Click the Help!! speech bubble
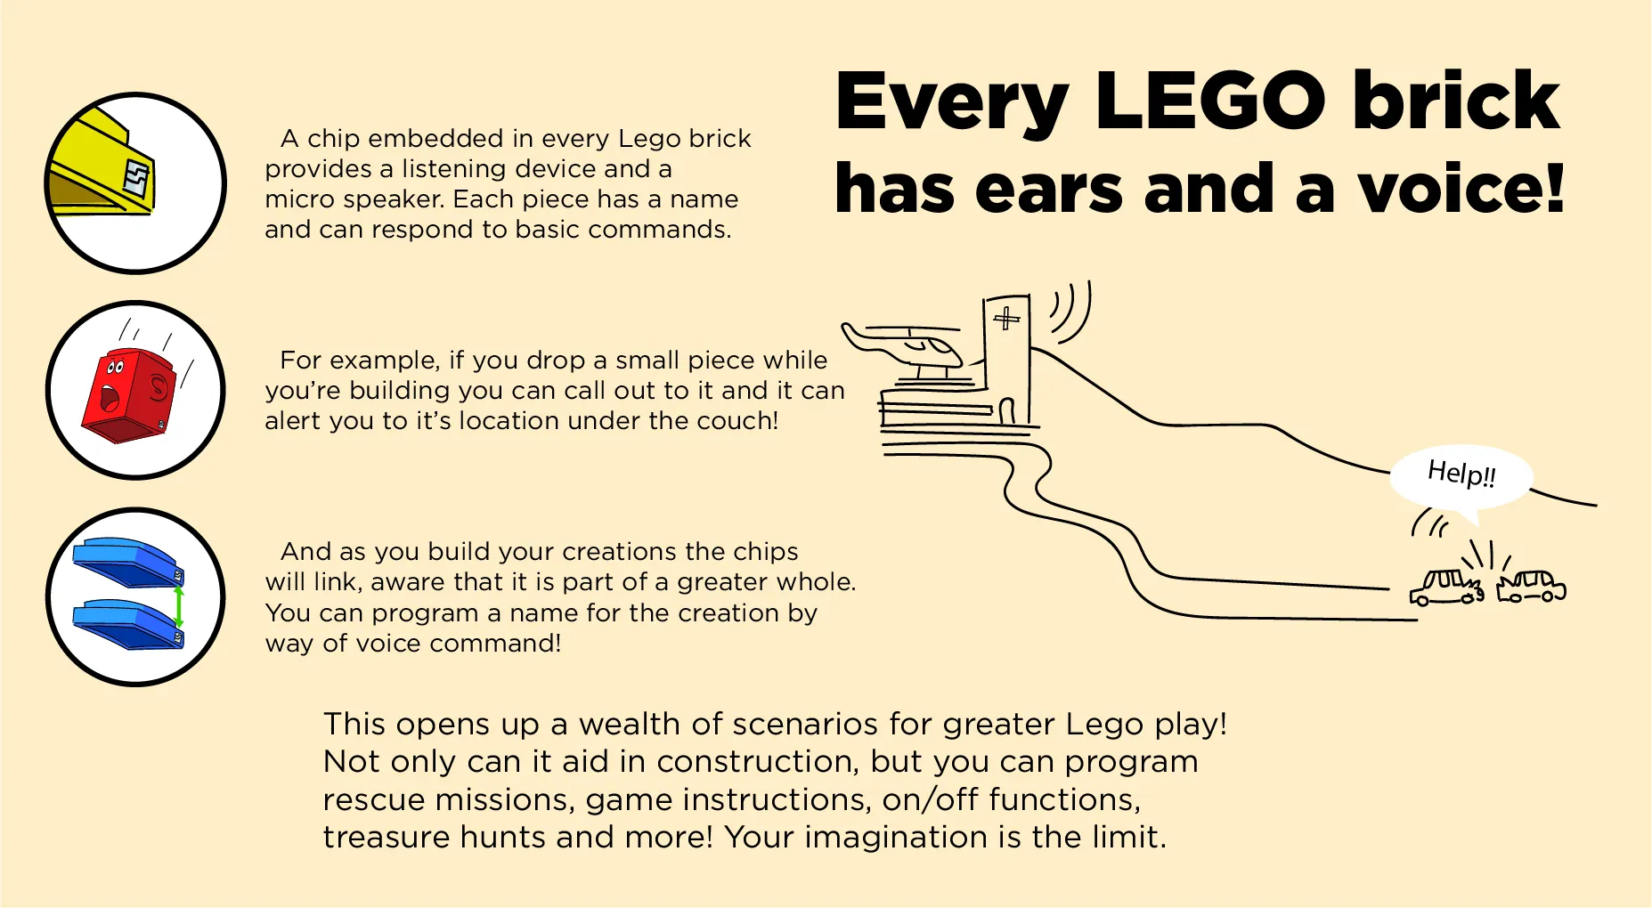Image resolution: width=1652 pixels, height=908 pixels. point(1461,478)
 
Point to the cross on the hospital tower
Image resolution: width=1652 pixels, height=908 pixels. point(1006,318)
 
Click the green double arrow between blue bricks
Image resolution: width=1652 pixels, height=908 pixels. point(179,607)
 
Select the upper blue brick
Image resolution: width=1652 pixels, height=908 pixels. point(128,562)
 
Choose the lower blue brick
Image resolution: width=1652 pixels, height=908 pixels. point(128,624)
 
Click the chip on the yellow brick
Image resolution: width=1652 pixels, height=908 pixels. point(138,179)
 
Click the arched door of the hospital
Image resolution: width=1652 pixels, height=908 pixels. point(1007,410)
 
